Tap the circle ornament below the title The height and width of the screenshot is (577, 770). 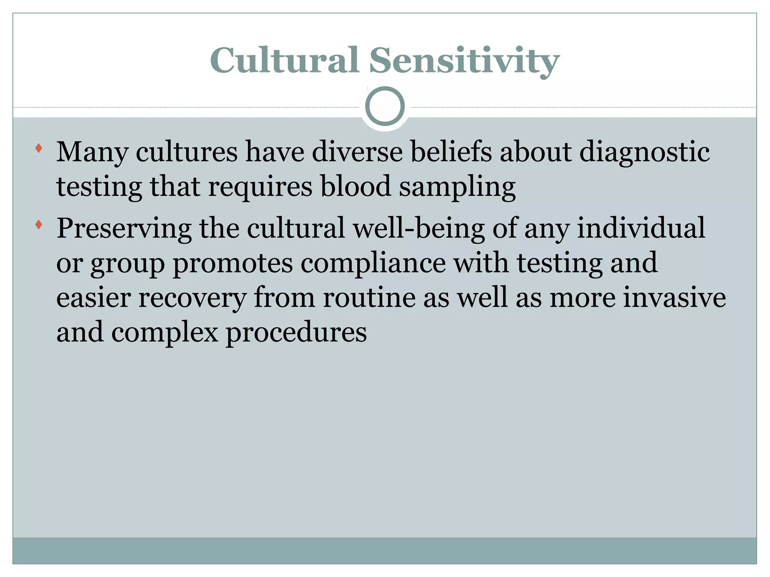[385, 106]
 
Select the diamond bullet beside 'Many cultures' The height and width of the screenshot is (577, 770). [38, 148]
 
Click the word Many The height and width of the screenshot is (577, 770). [92, 152]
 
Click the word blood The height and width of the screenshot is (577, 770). [355, 186]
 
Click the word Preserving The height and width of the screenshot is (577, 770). [124, 229]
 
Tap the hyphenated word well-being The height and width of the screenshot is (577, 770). [418, 228]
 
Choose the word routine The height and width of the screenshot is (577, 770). [369, 298]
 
